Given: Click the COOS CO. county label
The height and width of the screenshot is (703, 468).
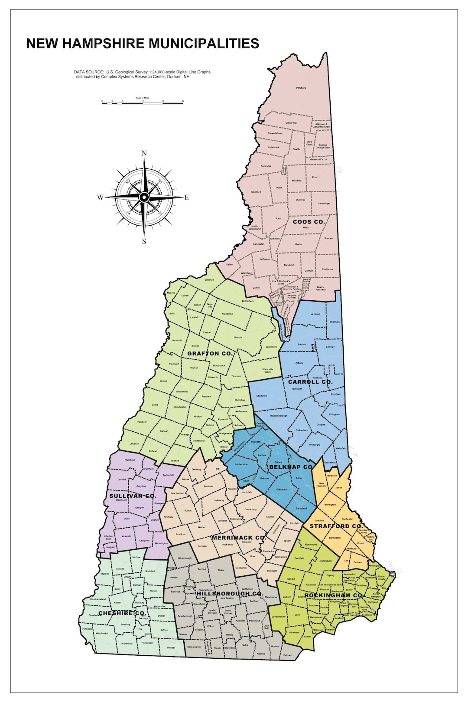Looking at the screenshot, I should pos(309,222).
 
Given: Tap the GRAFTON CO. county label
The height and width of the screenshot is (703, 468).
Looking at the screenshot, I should pos(210,354).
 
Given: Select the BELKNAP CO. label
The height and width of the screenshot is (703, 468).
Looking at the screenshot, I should pos(291,467).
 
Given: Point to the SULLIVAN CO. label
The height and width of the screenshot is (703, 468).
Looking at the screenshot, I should pos(132,496).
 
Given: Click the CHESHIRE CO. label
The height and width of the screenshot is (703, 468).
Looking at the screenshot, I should pos(122,613).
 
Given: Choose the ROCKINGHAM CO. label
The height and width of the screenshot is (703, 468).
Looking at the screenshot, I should pos(333,595).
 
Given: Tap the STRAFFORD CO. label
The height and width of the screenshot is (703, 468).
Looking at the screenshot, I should pos(336,526).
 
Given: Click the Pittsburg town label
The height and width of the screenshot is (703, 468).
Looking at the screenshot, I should pos(301,88).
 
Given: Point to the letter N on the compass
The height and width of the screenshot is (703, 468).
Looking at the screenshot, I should pos(144,153).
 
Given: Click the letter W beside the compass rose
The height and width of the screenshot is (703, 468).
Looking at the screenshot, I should pos(100,197).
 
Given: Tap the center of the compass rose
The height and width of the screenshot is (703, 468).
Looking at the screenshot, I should pos(144,197).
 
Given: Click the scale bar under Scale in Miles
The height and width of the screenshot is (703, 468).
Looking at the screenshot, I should pos(142,103).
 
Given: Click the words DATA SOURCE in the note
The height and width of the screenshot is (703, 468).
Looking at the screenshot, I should pos(89,72).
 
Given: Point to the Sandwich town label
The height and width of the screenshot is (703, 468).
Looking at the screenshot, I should pos(261,396).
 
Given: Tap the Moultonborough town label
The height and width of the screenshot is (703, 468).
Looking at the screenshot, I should pos(278,416).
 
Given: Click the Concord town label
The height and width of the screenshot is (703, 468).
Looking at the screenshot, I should pos(247,542).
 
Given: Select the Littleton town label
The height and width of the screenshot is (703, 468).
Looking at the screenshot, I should pos(209,280).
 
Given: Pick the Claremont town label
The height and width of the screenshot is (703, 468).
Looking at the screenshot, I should pos(121,500).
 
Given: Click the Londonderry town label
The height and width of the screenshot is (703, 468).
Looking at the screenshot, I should pos(279,617).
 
